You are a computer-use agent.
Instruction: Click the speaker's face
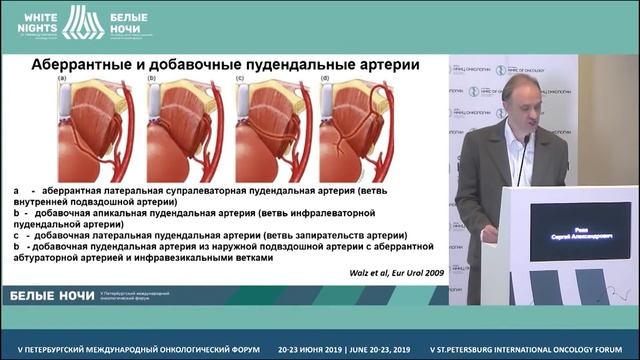pyautogui.click(x=520, y=99)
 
